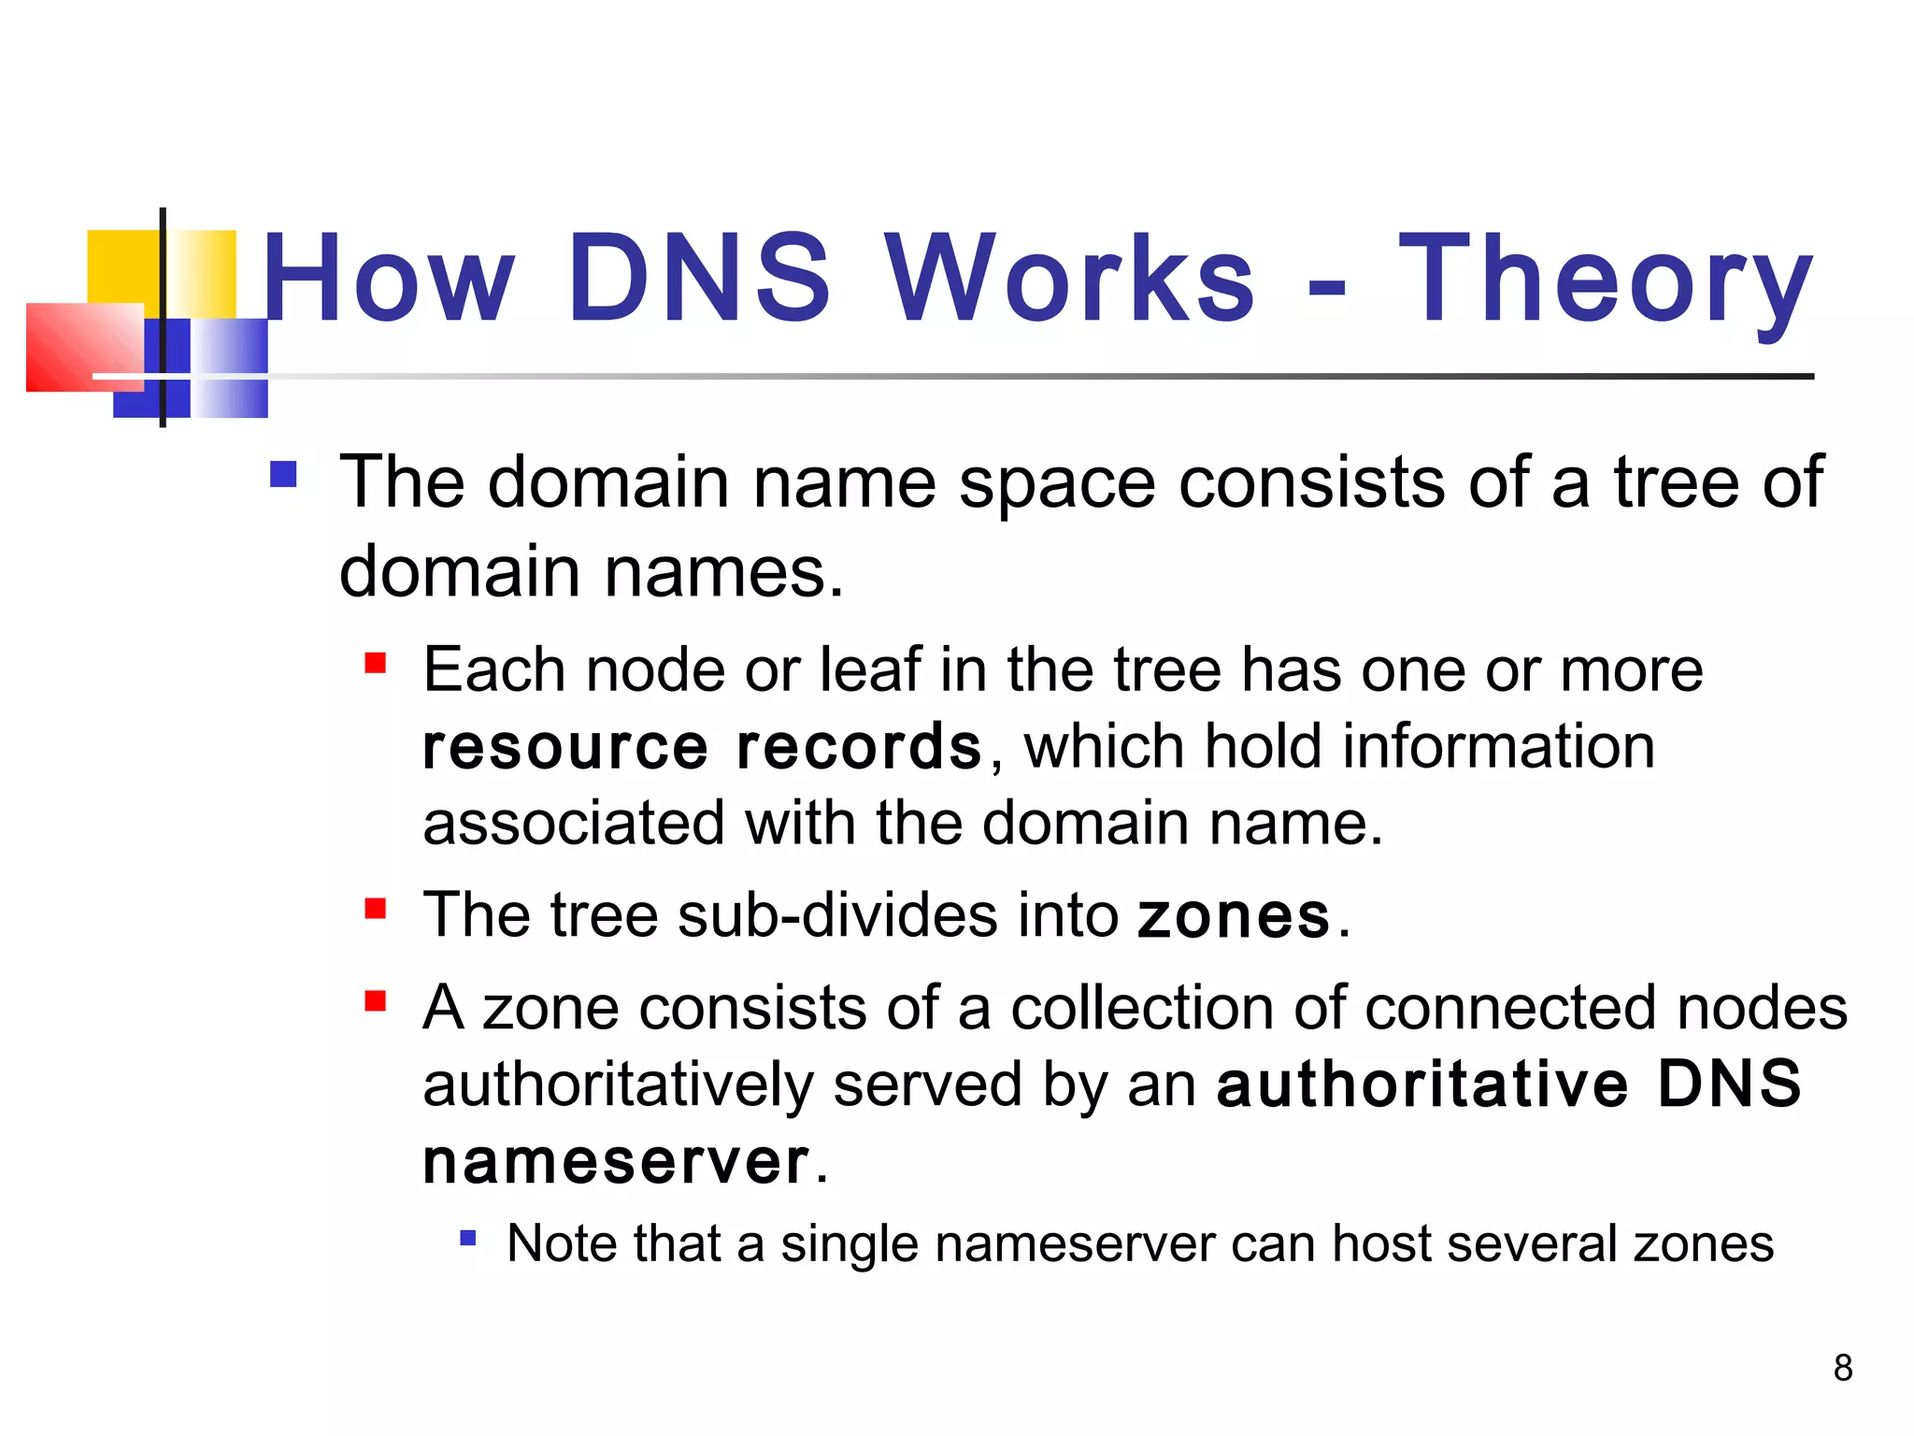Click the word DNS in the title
tap(699, 278)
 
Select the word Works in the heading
tap(1069, 278)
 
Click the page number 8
tap(1842, 1368)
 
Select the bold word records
tap(859, 747)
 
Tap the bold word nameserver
tap(616, 1162)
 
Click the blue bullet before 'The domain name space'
tap(283, 475)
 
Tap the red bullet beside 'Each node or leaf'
tap(376, 663)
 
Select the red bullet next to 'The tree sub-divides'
tap(376, 908)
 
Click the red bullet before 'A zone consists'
tap(376, 1001)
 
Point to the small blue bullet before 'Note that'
tap(468, 1239)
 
